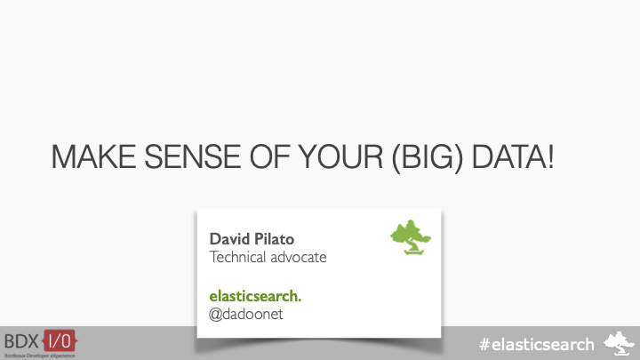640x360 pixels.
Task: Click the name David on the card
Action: pos(228,239)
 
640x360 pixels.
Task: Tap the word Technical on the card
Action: pos(241,257)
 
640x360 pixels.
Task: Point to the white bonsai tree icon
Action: pos(620,341)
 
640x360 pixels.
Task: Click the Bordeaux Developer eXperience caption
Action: pos(40,354)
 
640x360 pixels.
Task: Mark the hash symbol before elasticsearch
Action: pos(484,343)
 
